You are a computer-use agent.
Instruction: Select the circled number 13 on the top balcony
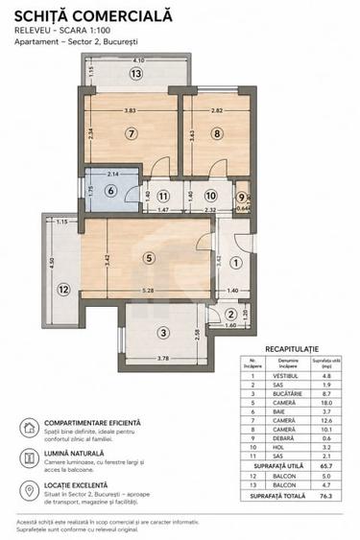[136, 74]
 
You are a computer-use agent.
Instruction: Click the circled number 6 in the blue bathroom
[109, 191]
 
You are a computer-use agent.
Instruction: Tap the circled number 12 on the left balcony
[62, 287]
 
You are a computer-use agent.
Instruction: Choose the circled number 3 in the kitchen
[164, 333]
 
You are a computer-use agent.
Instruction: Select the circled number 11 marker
[163, 195]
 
